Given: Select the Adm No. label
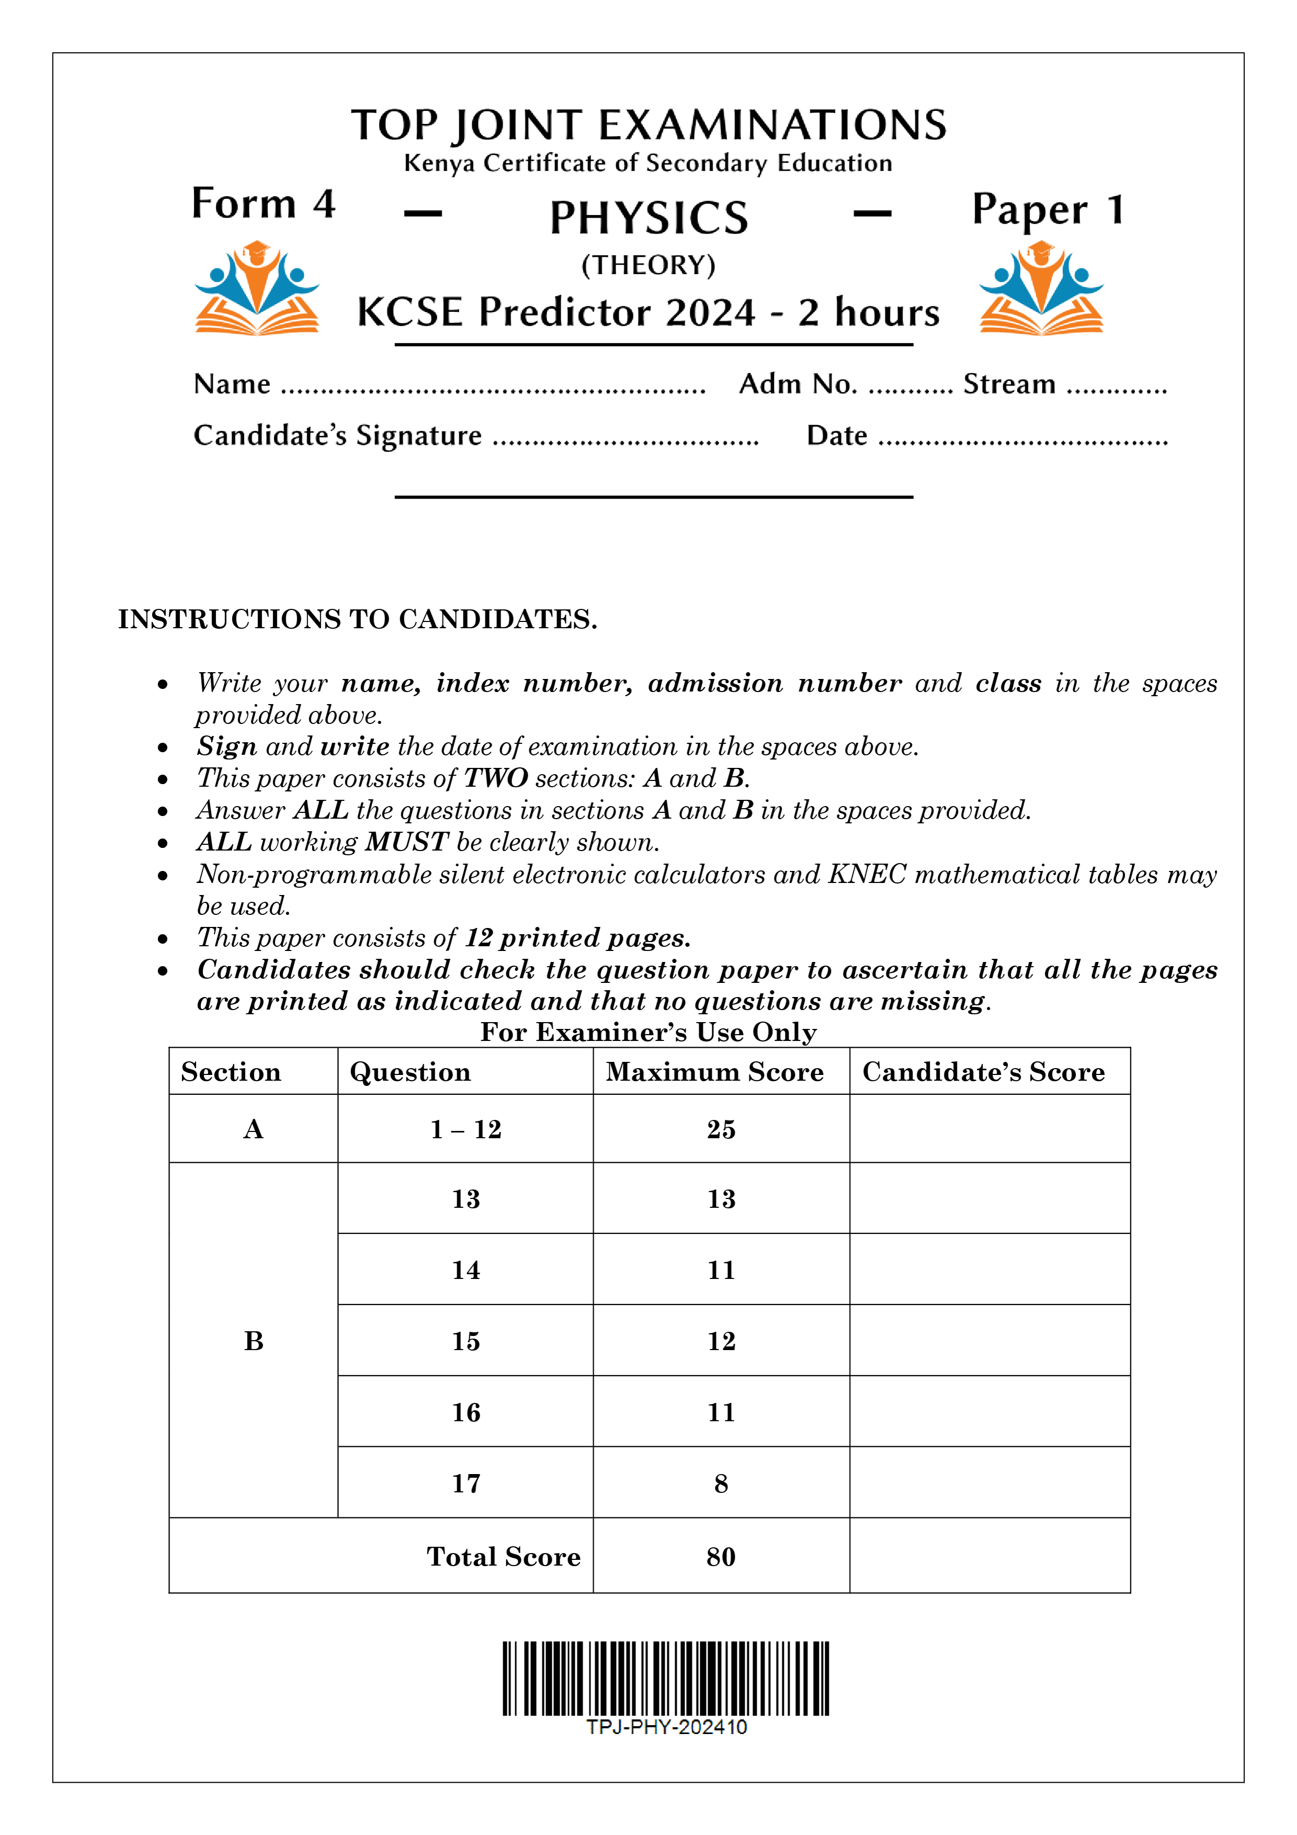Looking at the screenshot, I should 798,384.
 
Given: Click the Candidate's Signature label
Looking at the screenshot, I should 337,436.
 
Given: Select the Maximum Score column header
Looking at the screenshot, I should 714,1072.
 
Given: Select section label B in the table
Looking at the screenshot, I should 253,1340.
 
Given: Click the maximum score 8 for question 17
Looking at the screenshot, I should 720,1483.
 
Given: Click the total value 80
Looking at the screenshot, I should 720,1556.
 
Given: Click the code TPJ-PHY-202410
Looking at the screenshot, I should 666,1727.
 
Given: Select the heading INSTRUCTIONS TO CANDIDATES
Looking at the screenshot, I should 357,619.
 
